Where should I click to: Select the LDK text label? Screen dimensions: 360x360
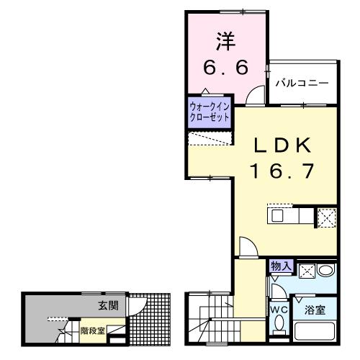point(282,146)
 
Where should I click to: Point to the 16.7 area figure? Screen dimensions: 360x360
point(282,171)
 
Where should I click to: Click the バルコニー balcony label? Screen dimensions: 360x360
point(302,84)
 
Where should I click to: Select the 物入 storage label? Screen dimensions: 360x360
point(281,266)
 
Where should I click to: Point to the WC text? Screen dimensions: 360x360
point(278,310)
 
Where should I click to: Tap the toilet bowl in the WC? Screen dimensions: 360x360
point(279,328)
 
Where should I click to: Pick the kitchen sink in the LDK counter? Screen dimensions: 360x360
point(279,215)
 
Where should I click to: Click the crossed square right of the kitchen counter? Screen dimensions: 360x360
point(326,217)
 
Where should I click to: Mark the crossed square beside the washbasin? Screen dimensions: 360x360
point(305,272)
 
